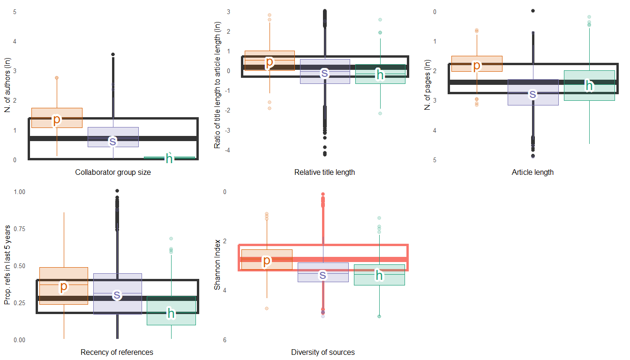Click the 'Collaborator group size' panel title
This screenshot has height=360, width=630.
pyautogui.click(x=113, y=172)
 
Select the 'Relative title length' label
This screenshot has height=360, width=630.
pyautogui.click(x=324, y=172)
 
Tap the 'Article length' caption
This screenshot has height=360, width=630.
pyautogui.click(x=532, y=172)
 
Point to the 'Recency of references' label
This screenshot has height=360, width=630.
pyautogui.click(x=117, y=352)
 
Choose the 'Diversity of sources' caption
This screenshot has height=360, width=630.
pyautogui.click(x=323, y=352)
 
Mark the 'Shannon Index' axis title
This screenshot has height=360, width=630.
pyautogui.click(x=217, y=265)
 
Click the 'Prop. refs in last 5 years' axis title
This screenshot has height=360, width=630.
pyautogui.click(x=7, y=265)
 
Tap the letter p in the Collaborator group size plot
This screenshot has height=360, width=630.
pyautogui.click(x=57, y=120)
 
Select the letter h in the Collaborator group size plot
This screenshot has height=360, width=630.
pyautogui.click(x=169, y=159)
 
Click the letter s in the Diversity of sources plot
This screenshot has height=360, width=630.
pyautogui.click(x=323, y=275)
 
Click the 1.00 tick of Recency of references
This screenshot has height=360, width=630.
pyautogui.click(x=20, y=192)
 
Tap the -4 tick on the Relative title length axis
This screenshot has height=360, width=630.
pyautogui.click(x=228, y=150)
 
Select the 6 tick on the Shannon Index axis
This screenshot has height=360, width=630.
pyautogui.click(x=225, y=340)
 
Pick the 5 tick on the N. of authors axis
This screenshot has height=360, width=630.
pyautogui.click(x=15, y=11)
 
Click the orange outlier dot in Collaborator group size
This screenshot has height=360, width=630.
pyautogui.click(x=57, y=78)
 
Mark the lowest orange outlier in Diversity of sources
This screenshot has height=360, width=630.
pyautogui.click(x=267, y=308)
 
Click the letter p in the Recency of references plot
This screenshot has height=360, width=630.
pyautogui.click(x=64, y=285)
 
